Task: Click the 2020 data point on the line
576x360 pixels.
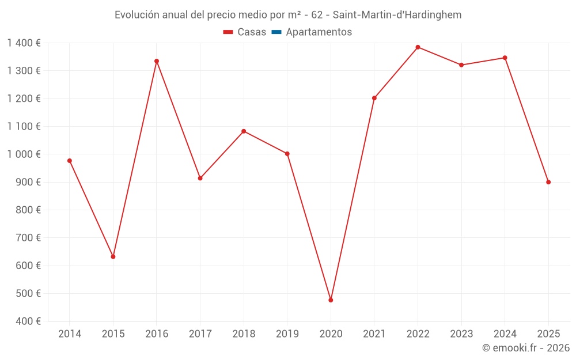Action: pyautogui.click(x=331, y=300)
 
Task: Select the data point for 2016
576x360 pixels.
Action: pyautogui.click(x=157, y=61)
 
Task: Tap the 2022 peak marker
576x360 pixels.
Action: pyautogui.click(x=418, y=47)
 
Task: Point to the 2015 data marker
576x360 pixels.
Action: pyautogui.click(x=113, y=257)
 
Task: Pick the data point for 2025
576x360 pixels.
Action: pyautogui.click(x=548, y=182)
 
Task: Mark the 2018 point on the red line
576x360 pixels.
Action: pyautogui.click(x=244, y=131)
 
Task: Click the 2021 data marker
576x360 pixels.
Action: pyautogui.click(x=374, y=98)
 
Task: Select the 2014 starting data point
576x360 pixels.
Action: pyautogui.click(x=70, y=161)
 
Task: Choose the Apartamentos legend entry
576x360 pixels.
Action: pyautogui.click(x=319, y=32)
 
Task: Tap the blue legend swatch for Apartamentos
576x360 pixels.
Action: pyautogui.click(x=276, y=32)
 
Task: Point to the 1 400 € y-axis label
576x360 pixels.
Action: pyautogui.click(x=24, y=43)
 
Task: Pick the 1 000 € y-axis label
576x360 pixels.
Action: pyautogui.click(x=24, y=154)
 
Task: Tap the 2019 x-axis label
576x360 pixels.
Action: pyautogui.click(x=287, y=334)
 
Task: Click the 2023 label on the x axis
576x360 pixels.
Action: pyautogui.click(x=461, y=334)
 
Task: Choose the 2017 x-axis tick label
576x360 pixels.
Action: pyautogui.click(x=200, y=334)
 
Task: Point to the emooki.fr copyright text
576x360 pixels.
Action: pyautogui.click(x=525, y=348)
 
